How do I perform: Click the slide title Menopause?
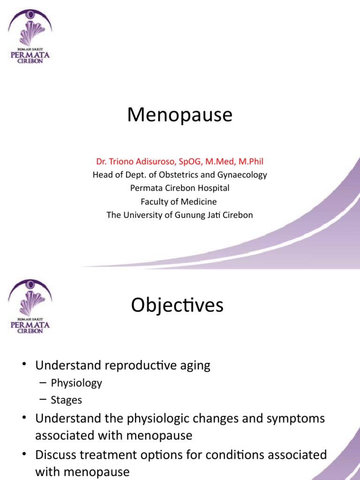point(180,115)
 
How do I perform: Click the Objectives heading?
point(177,306)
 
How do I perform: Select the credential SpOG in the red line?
point(182,162)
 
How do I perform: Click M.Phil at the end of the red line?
point(250,162)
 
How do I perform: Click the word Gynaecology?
point(240,175)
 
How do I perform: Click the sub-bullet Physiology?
point(76,383)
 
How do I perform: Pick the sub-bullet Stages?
point(67,400)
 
